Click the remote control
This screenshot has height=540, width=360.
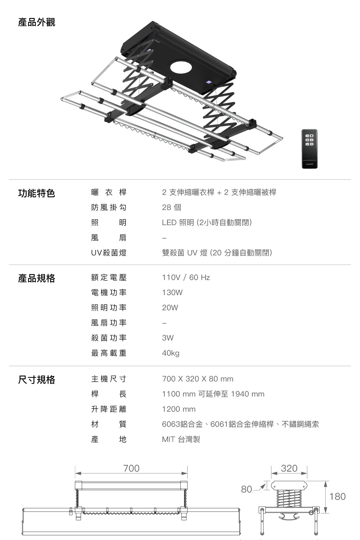(309, 149)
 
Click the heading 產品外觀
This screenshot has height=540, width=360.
(36, 22)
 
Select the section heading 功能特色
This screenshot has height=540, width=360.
(36, 193)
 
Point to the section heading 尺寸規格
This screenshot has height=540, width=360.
(36, 379)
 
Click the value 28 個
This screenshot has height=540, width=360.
(171, 207)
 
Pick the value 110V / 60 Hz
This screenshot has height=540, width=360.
(186, 278)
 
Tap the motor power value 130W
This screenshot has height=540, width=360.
(172, 293)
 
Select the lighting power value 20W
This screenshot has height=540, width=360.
(170, 308)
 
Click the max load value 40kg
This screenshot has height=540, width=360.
(171, 353)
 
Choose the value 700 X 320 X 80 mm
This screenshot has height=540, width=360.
(198, 379)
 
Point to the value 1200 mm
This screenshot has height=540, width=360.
(179, 409)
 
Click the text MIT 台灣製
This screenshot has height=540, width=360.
(181, 440)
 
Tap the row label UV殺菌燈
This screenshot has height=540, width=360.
(109, 253)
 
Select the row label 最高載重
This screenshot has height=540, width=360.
(109, 353)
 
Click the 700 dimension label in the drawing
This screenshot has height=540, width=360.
(131, 468)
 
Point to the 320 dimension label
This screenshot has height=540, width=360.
(289, 468)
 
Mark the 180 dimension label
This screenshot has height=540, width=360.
(337, 496)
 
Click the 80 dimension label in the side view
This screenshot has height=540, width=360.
(247, 489)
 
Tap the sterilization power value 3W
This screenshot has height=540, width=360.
(168, 338)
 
